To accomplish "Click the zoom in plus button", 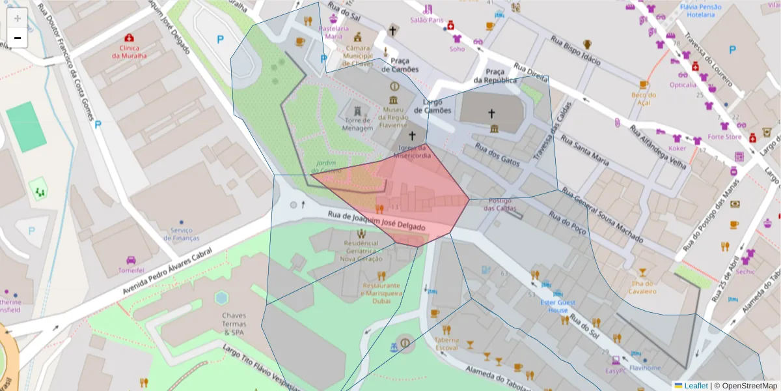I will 17,18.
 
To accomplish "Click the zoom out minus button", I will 17,38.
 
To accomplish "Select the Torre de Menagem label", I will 358,124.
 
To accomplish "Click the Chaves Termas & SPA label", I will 234,324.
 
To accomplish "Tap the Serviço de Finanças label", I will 182,234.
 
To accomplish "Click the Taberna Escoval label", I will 446,343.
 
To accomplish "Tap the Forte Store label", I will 724,137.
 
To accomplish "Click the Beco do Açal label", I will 643,98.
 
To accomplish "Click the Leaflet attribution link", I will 696,386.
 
